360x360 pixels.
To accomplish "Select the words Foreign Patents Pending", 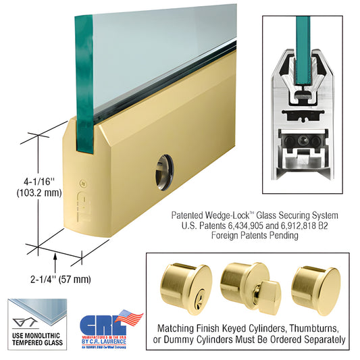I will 254,236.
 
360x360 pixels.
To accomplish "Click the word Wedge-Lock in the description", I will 224,215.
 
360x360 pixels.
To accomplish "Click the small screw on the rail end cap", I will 81,183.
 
